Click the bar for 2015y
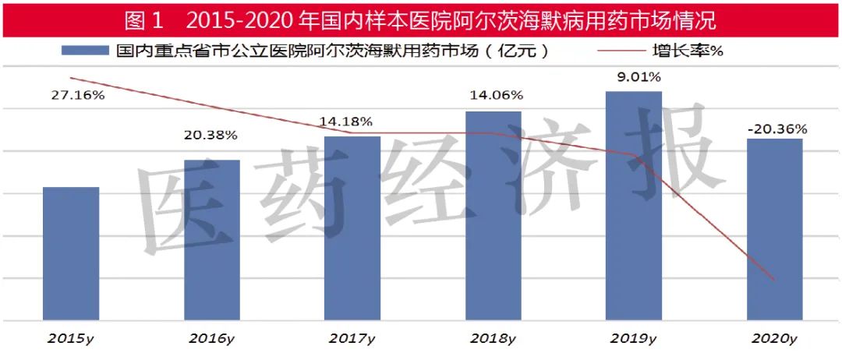[x=71, y=253]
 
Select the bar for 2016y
[x=212, y=240]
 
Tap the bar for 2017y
[x=352, y=228]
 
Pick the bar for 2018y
[x=493, y=216]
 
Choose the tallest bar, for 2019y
[x=634, y=206]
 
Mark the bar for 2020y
[x=774, y=229]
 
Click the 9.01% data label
[x=638, y=77]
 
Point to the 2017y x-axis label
[x=352, y=339]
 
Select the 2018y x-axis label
[x=493, y=339]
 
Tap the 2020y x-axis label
[x=774, y=339]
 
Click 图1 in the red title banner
[x=143, y=18]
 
